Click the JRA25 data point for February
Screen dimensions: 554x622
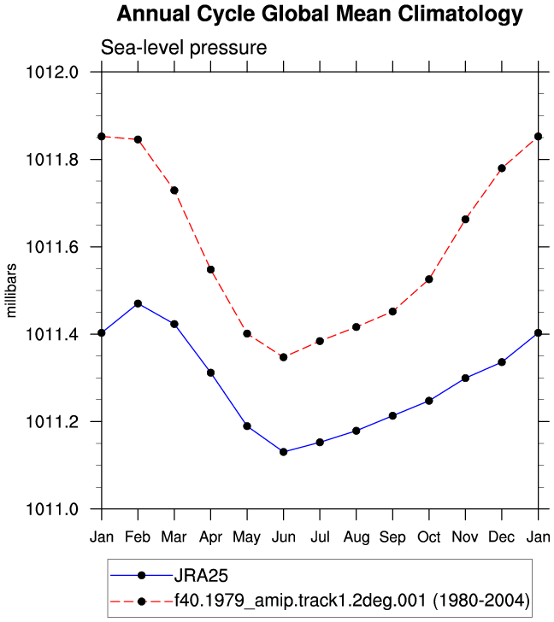[x=138, y=304]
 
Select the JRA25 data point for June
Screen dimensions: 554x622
[x=283, y=452]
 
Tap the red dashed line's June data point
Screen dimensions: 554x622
[x=283, y=357]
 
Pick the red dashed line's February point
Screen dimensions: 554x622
[x=138, y=139]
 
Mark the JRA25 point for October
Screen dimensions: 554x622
[x=429, y=401]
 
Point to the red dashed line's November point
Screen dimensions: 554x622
[x=465, y=220]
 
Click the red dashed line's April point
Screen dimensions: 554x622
[x=210, y=270]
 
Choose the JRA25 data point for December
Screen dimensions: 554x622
[x=502, y=362]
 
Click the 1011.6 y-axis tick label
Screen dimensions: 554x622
[x=52, y=247]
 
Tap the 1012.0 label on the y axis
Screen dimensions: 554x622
[x=52, y=72]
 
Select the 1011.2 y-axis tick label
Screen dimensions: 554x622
[x=52, y=422]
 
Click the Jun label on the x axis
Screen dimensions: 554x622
[x=283, y=537]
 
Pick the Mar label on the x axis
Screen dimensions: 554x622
[x=174, y=537]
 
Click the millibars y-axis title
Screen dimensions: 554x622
[x=11, y=290]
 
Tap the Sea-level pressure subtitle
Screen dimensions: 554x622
[x=184, y=48]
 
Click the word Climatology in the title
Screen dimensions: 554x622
[x=460, y=15]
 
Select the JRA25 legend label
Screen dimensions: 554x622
[x=201, y=576]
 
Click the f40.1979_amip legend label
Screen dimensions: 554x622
[x=352, y=601]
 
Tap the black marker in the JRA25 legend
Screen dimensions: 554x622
[x=141, y=576]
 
